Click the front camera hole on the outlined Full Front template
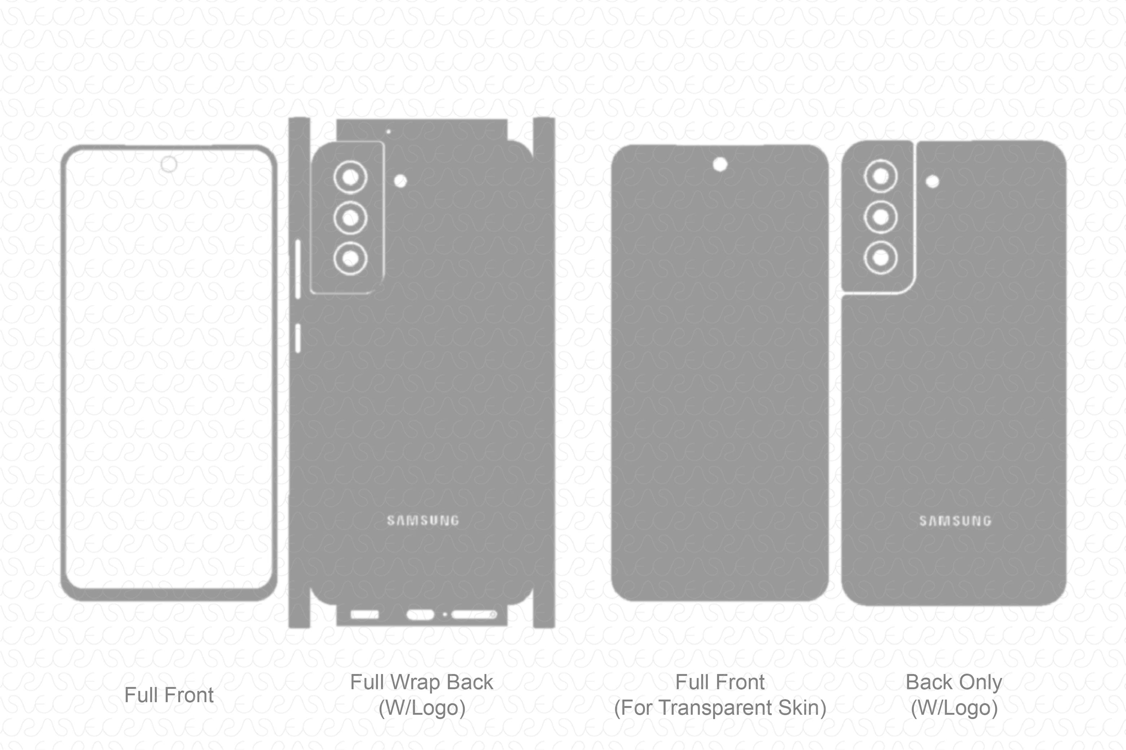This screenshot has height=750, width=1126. tap(169, 164)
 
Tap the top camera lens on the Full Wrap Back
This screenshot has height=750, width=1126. tap(350, 177)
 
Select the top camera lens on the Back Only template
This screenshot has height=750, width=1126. tap(881, 176)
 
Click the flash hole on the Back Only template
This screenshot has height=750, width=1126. tap(932, 181)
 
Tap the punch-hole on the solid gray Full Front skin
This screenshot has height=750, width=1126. tap(720, 165)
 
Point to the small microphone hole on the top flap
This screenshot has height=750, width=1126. tap(388, 132)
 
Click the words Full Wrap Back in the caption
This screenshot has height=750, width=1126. tap(422, 682)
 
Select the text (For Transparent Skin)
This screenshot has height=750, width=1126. tap(720, 708)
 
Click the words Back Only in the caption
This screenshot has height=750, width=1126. tap(954, 682)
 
